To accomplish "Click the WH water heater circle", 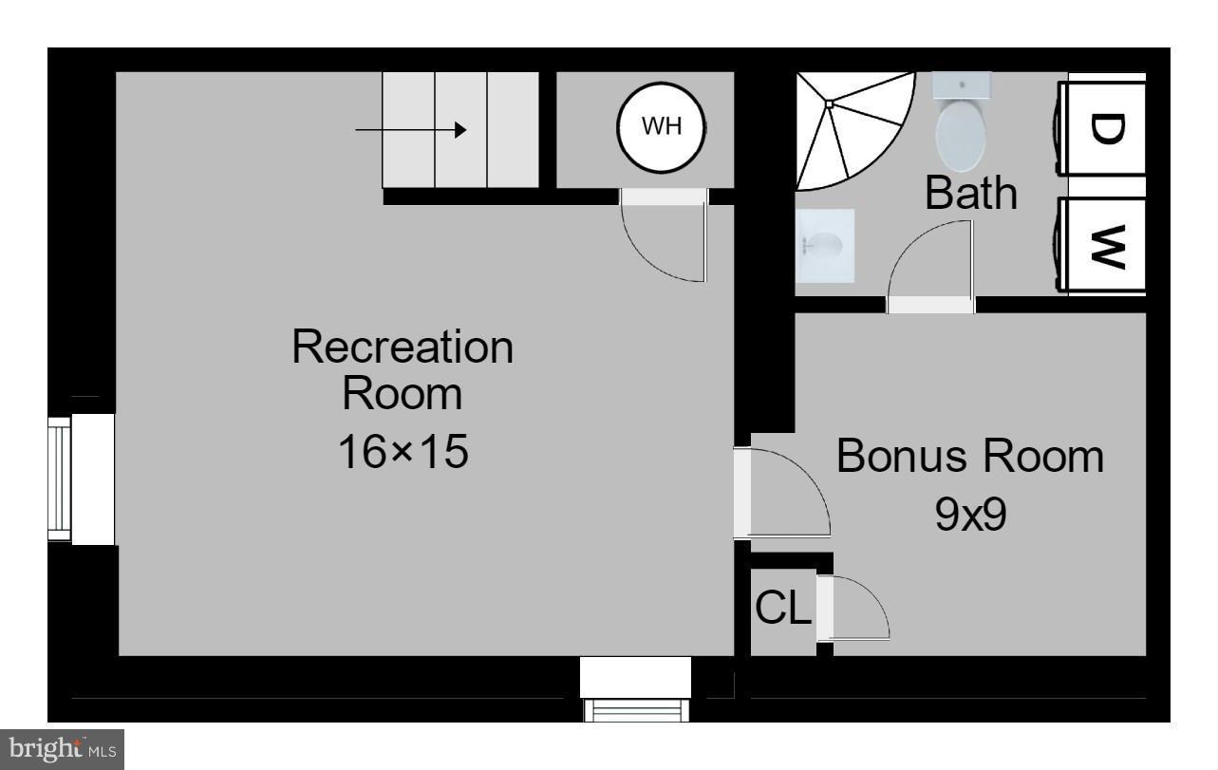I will click(662, 127).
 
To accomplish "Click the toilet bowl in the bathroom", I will click(962, 136).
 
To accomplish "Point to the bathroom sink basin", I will click(824, 246).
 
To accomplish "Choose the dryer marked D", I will click(1105, 128).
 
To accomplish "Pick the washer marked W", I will click(1105, 245).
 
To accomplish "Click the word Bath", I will click(970, 194).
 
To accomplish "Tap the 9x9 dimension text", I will click(969, 516).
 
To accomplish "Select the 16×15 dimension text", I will click(403, 452).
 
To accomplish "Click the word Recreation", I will click(403, 347).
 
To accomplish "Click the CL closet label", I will click(783, 609).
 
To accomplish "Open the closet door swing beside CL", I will click(854, 608).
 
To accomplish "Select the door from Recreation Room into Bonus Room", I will click(783, 494).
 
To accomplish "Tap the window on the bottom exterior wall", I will click(635, 708).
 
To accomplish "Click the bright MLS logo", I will click(62, 750).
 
